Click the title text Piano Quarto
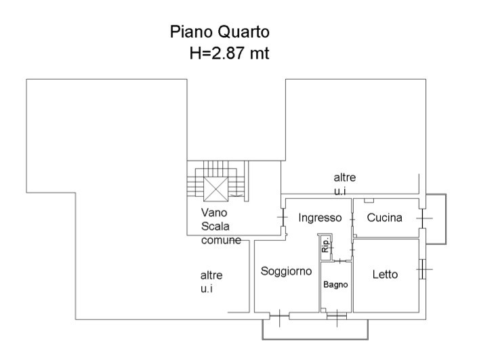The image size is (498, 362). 220,32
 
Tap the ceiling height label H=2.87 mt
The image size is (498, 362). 229,53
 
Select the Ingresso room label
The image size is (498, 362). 320,218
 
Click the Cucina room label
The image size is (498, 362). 384,218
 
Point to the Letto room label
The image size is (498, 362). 385,275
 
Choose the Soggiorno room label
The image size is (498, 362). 286,271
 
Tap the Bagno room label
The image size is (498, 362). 335,285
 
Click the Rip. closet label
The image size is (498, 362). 325,245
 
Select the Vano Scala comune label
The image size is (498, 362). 221,226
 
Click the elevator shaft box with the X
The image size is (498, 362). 215,189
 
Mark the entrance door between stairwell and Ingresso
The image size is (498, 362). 283,217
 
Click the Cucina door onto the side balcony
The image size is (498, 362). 422,219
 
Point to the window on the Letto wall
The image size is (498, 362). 421,269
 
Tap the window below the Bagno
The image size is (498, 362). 337,316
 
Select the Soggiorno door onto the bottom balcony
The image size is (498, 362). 279,316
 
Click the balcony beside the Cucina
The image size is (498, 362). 436,219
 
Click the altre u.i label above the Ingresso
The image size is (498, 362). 345,184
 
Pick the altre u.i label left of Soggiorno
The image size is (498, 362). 211,281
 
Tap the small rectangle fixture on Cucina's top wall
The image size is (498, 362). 369,200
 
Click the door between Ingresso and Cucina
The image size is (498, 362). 352,219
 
